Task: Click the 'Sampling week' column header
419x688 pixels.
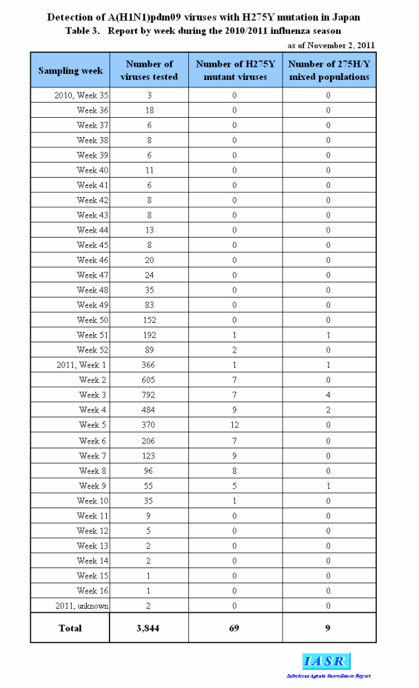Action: tap(70, 70)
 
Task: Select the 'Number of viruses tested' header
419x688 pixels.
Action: tap(149, 70)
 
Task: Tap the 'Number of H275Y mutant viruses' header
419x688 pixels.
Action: tap(234, 70)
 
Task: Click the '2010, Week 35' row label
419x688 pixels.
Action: tap(81, 95)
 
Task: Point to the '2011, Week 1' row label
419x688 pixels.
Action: tap(82, 365)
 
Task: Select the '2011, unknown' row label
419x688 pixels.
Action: tap(82, 605)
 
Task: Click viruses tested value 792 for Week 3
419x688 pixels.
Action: tap(149, 395)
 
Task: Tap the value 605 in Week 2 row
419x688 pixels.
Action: tap(149, 380)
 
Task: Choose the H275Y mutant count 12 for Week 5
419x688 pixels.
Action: tap(234, 426)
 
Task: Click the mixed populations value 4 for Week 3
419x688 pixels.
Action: tap(328, 395)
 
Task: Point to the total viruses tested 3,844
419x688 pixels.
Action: tap(149, 628)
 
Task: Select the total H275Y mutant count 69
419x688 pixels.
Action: tap(234, 628)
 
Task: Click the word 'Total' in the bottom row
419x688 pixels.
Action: tap(70, 628)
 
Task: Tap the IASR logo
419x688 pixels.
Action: tap(325, 662)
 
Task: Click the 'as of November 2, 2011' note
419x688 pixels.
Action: tap(331, 45)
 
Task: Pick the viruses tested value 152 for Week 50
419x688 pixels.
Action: tap(149, 320)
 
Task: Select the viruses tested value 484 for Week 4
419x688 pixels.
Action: tap(149, 410)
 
